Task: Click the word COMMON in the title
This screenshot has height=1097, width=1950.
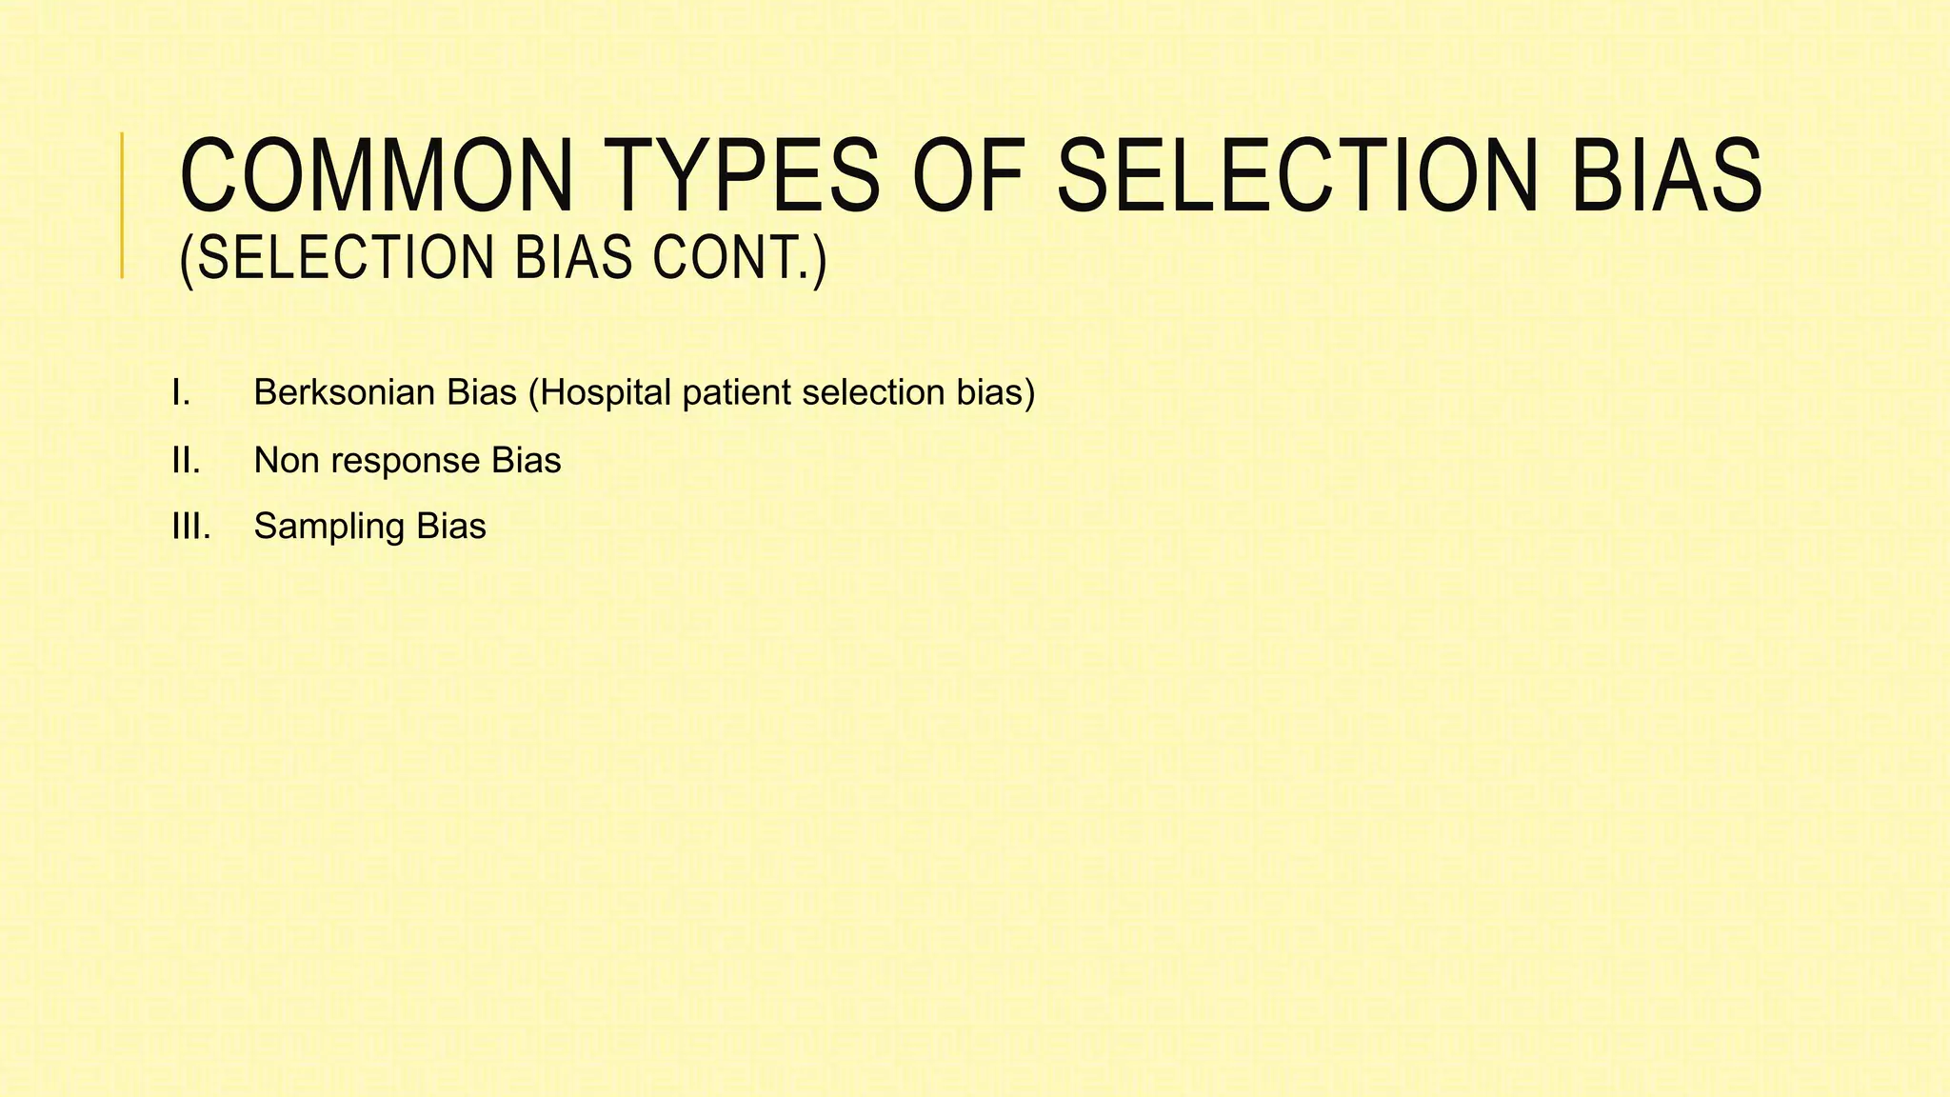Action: (x=376, y=176)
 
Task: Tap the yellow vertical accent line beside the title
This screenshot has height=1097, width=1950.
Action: (x=122, y=205)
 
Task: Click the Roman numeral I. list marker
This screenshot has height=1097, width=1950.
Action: (x=181, y=392)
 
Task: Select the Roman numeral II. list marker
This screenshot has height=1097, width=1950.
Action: (x=186, y=461)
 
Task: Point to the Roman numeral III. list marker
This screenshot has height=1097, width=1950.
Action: (x=190, y=527)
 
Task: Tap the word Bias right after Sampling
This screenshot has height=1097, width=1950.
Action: (x=450, y=527)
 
